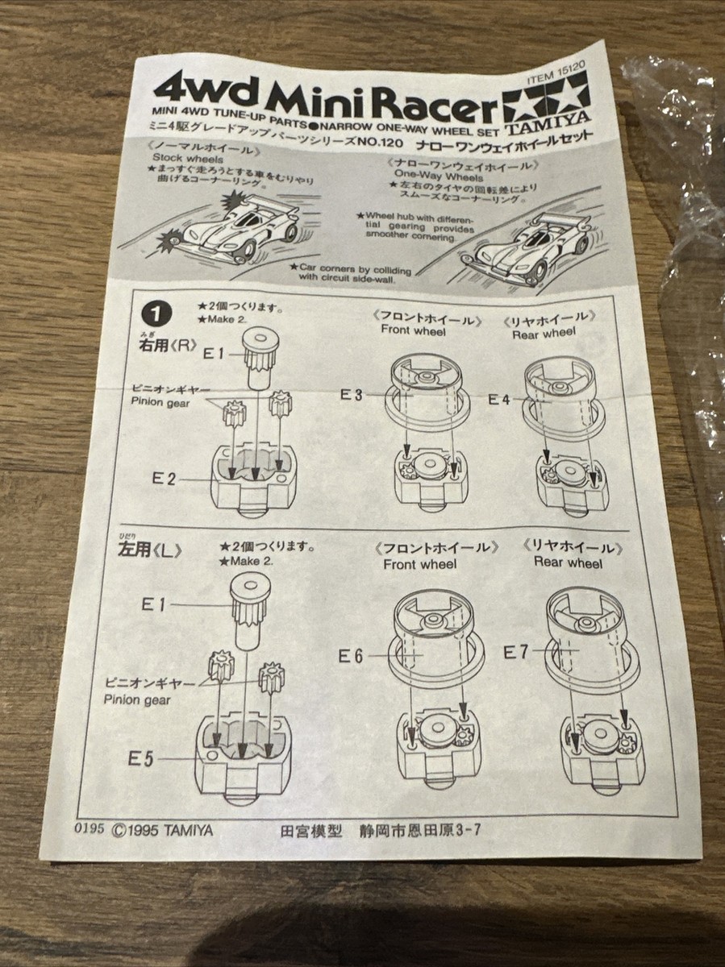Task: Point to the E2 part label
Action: (165, 478)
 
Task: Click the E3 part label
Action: (352, 394)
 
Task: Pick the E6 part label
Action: (352, 654)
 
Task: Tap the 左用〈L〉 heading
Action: (155, 552)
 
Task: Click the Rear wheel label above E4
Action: (544, 332)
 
